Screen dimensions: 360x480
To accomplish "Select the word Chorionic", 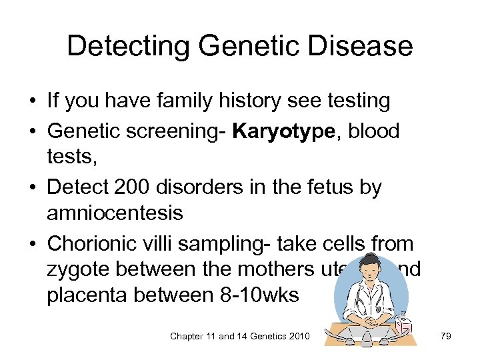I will (x=89, y=243).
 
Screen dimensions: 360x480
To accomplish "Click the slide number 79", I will (x=445, y=336).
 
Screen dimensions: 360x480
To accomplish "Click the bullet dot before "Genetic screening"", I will (x=32, y=131).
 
